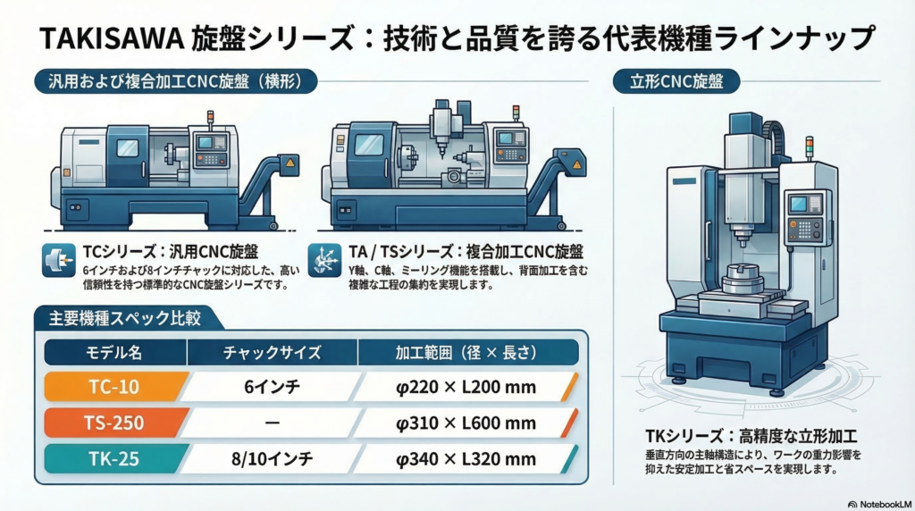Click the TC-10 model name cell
tap(115, 387)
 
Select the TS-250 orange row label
tap(115, 423)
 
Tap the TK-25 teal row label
tap(115, 459)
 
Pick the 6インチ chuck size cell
tap(272, 387)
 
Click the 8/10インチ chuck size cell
tap(272, 459)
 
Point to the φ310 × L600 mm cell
tap(466, 423)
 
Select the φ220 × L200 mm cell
tap(466, 387)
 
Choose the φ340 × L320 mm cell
tap(466, 459)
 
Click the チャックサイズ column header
tap(272, 352)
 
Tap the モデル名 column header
tap(115, 352)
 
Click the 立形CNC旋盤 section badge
tap(676, 81)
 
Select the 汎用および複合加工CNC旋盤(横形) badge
tap(176, 81)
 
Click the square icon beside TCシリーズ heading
tap(59, 260)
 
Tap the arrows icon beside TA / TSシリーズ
tap(324, 260)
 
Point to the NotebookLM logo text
tap(880, 504)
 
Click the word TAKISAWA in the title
tap(112, 38)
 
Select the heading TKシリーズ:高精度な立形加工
tap(751, 436)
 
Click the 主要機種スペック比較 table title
tap(125, 318)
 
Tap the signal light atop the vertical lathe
tap(809, 147)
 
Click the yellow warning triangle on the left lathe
tap(290, 163)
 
